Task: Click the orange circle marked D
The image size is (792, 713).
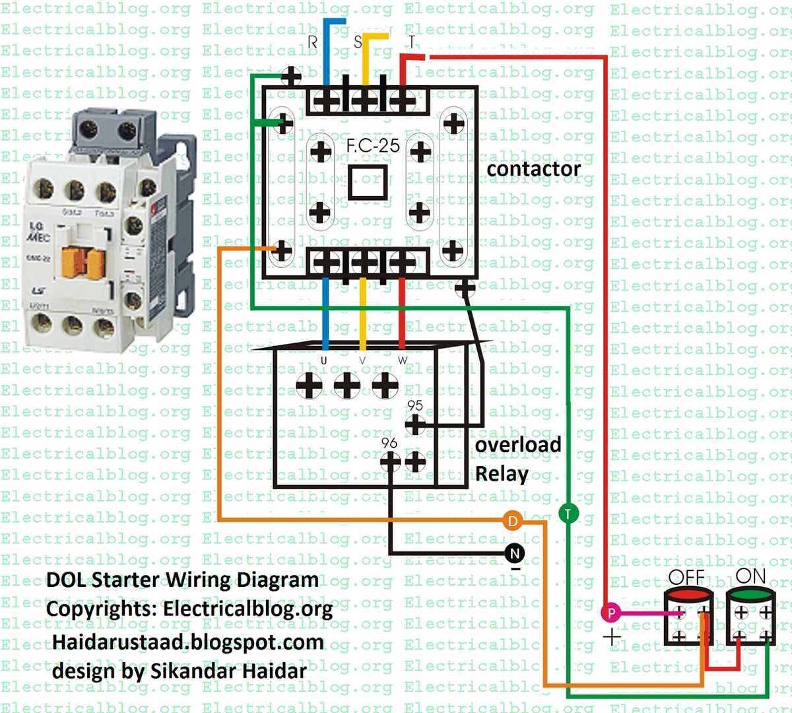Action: coord(512,522)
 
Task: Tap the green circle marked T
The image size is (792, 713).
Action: coord(568,513)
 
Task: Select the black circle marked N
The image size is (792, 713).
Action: coord(515,553)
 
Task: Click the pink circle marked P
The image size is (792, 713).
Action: coord(611,613)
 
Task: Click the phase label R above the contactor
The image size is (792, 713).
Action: coord(313,42)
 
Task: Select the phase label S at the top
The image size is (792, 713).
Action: coord(358,42)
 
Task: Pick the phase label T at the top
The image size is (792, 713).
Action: coord(411,42)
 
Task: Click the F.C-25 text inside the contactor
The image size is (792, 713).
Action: coord(373,145)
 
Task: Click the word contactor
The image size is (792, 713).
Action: coord(533,170)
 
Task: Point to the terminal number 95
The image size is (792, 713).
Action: coord(415,405)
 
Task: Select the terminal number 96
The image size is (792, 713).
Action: coord(389,442)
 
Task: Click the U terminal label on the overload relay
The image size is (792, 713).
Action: coord(323,360)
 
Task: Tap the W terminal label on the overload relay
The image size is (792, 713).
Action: coord(403,360)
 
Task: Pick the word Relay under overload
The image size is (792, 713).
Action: coord(502,474)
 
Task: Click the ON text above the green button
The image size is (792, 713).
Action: coord(750,576)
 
